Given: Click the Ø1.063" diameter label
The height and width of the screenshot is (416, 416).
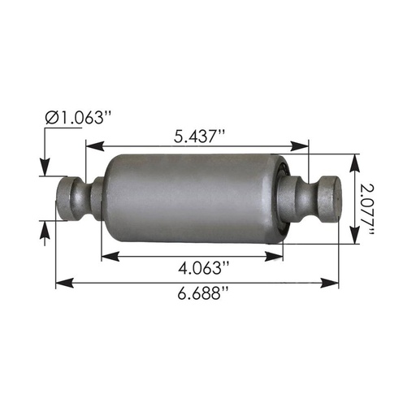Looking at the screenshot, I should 77,118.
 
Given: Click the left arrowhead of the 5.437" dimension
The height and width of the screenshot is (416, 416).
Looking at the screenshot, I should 90,147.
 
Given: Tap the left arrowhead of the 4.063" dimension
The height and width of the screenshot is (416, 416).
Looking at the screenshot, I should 106,256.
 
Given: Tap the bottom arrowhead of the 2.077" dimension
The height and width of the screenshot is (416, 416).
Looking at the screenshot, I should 354,237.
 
